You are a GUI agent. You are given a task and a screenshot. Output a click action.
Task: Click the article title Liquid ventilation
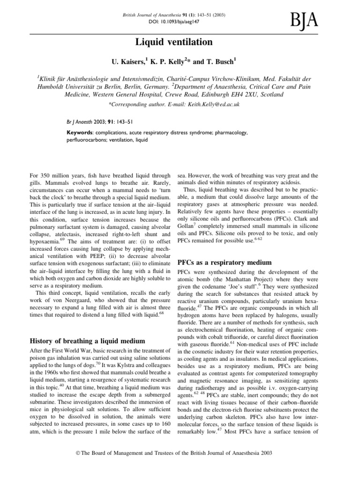pos(180,43)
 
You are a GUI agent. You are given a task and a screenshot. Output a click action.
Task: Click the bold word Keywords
pos(81,133)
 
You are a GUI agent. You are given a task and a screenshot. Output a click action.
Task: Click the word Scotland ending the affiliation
pos(270,94)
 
